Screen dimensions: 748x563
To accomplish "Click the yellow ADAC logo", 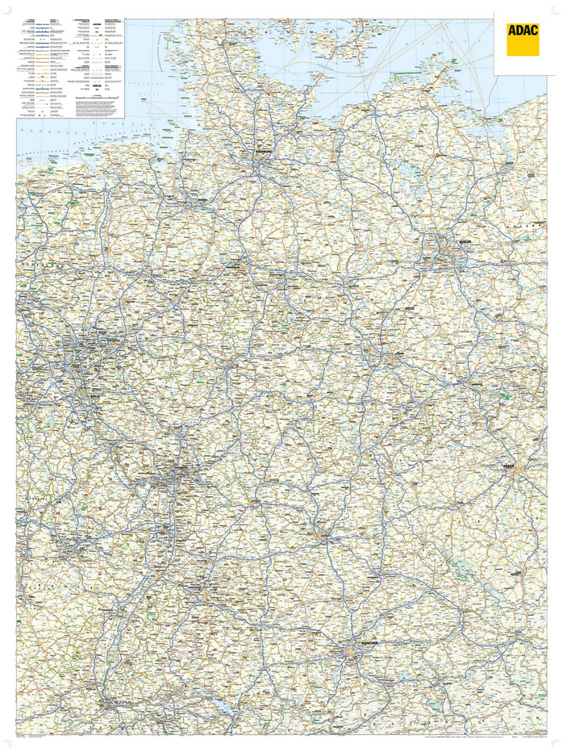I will (x=523, y=39).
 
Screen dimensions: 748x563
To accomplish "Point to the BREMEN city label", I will (x=202, y=202).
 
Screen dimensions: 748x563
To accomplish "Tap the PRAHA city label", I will (x=507, y=466).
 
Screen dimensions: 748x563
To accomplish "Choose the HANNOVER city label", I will (x=239, y=263).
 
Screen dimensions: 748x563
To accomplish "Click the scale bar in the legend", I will (x=98, y=95).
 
